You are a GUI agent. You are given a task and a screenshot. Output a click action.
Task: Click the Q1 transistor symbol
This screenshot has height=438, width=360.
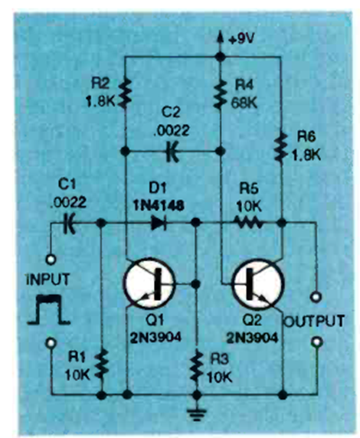pyautogui.click(x=149, y=283)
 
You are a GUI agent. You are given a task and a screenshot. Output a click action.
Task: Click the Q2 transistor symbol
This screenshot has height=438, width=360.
pyautogui.click(x=258, y=284)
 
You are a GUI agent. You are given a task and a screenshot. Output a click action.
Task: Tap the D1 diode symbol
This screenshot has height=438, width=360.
pyautogui.click(x=159, y=223)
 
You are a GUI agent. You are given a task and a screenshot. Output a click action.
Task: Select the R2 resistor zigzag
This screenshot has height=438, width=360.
pyautogui.click(x=125, y=93)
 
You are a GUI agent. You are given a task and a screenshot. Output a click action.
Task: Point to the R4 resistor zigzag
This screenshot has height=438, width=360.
pyautogui.click(x=221, y=93)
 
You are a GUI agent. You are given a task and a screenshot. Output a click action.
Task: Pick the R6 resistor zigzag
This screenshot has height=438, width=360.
pyautogui.click(x=281, y=147)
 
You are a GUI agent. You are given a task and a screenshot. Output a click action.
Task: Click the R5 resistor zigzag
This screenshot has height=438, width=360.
pyautogui.click(x=248, y=223)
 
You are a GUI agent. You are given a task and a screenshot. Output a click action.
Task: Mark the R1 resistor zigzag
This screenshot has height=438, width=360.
pyautogui.click(x=102, y=364)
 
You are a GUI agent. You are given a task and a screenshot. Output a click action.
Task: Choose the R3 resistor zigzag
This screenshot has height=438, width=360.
pyautogui.click(x=197, y=364)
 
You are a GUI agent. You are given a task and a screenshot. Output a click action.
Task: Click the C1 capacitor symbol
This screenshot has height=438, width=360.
pyautogui.click(x=69, y=223)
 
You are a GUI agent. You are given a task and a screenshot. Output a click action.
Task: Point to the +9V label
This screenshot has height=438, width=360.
pyautogui.click(x=241, y=39)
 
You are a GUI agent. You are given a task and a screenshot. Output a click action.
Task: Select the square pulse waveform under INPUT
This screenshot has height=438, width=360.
pyautogui.click(x=48, y=309)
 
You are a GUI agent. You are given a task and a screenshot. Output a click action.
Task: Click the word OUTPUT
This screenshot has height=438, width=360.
pyautogui.click(x=313, y=322)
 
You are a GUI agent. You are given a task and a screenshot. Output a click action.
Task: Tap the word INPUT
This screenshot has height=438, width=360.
pyautogui.click(x=47, y=279)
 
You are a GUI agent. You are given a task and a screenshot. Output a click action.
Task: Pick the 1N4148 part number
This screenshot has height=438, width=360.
pyautogui.click(x=159, y=206)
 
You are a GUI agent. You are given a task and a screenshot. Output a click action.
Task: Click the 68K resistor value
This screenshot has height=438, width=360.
pyautogui.click(x=244, y=103)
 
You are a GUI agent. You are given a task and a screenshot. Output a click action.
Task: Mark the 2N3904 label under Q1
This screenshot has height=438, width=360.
pyautogui.click(x=155, y=338)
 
